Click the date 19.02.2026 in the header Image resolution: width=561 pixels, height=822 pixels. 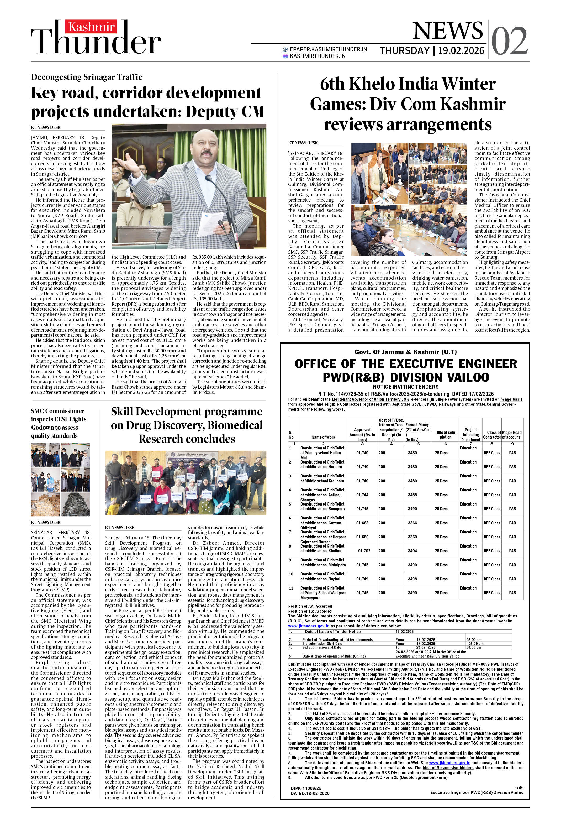(x=461, y=51)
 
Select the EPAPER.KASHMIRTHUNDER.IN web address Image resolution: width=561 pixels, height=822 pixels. (x=328, y=49)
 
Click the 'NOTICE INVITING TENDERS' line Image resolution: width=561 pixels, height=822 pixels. (x=405, y=387)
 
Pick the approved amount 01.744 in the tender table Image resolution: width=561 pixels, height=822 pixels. (x=362, y=495)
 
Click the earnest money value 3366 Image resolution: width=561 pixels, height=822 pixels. (x=412, y=523)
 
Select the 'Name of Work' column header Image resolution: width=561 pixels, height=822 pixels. (x=323, y=437)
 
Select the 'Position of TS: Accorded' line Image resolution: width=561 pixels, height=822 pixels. (x=310, y=611)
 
